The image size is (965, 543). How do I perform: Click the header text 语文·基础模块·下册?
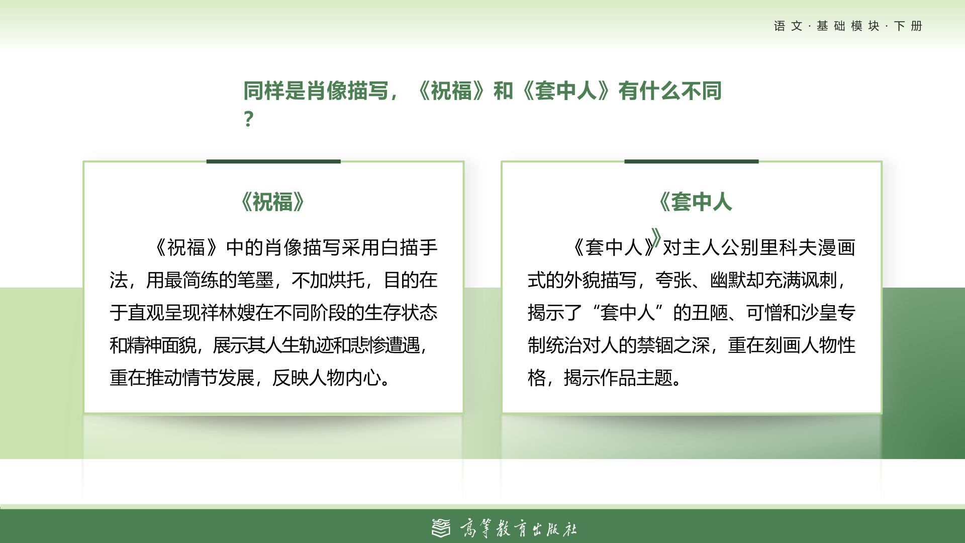tap(848, 26)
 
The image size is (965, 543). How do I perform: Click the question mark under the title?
tap(248, 119)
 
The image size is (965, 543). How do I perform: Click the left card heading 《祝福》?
tap(273, 202)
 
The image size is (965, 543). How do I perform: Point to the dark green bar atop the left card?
tap(273, 161)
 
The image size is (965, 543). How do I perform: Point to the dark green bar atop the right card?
tap(691, 161)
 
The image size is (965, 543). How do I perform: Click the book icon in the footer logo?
tap(441, 528)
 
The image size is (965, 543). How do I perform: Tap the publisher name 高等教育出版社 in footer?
tap(518, 529)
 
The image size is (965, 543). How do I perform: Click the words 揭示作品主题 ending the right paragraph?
tap(618, 378)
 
